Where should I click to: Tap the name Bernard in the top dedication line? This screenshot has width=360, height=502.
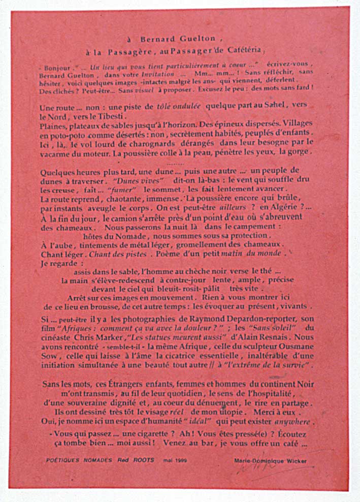tap(156, 39)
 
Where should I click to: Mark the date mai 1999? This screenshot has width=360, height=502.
tap(176, 460)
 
